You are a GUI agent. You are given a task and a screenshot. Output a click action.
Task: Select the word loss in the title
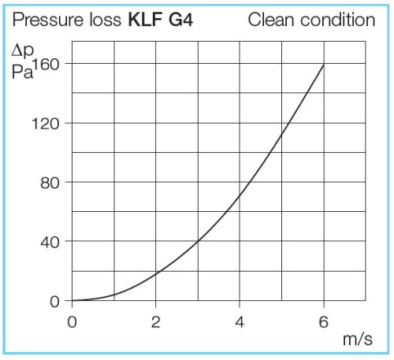point(103,20)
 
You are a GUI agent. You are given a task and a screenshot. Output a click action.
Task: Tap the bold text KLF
point(144,20)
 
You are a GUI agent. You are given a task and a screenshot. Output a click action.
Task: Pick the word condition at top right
point(336,20)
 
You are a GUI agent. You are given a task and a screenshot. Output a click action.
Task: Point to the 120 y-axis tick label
point(49,124)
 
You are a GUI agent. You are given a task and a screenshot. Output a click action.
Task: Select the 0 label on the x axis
point(72,321)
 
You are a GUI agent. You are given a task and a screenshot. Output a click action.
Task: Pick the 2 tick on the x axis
point(156,321)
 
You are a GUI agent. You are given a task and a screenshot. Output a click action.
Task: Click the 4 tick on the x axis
point(240,321)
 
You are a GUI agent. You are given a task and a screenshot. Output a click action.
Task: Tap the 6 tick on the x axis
point(323,321)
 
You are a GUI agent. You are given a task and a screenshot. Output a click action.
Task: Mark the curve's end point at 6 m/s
point(323,65)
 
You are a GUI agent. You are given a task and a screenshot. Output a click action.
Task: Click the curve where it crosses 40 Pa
point(198,241)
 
